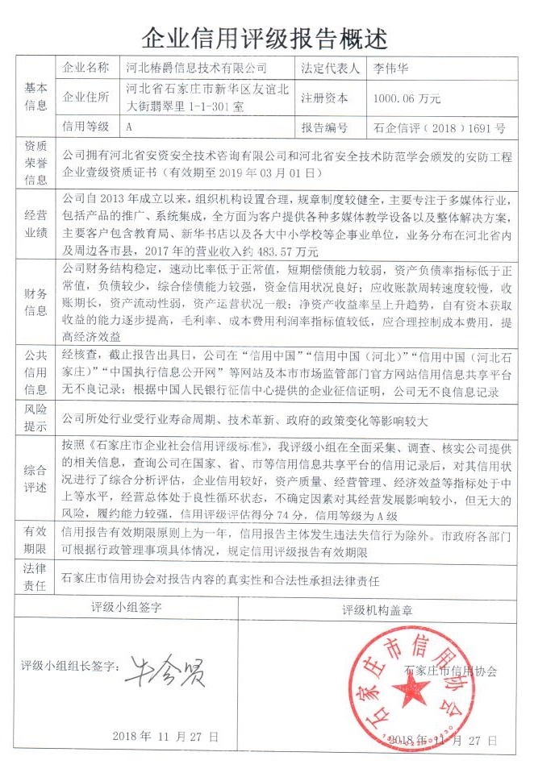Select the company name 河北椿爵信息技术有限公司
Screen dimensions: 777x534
click(197, 68)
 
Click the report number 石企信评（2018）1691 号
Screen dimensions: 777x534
click(440, 127)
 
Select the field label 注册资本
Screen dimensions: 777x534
click(325, 98)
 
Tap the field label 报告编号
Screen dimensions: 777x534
click(325, 127)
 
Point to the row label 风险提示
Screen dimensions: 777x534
click(36, 418)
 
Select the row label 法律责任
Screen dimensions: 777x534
click(36, 580)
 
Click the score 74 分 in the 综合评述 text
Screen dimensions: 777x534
click(290, 515)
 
